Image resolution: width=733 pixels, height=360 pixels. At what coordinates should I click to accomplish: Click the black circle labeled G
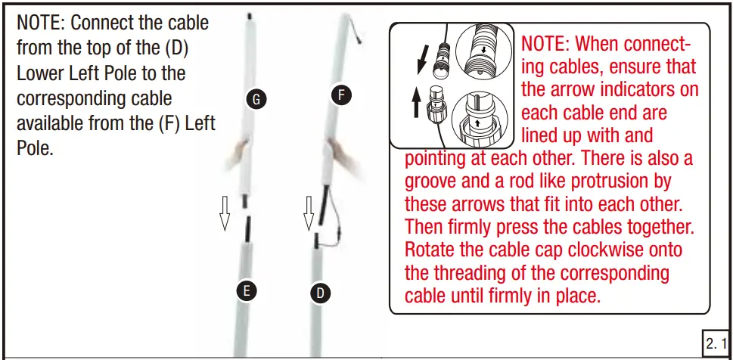point(256,99)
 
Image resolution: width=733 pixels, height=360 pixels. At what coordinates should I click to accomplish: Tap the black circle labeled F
point(341,96)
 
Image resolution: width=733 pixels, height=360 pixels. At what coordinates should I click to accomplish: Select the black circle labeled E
point(247,291)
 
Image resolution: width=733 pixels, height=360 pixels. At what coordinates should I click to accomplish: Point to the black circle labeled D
point(320,293)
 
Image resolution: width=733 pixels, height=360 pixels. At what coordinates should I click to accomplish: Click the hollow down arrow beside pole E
point(225,213)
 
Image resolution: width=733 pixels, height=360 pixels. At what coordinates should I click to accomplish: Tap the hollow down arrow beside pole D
point(309,213)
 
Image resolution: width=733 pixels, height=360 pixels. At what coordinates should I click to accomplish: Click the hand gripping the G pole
point(238,154)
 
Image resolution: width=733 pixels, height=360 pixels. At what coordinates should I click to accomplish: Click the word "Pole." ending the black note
point(33,149)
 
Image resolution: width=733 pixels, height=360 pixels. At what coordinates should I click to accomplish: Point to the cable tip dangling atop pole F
point(359,40)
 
